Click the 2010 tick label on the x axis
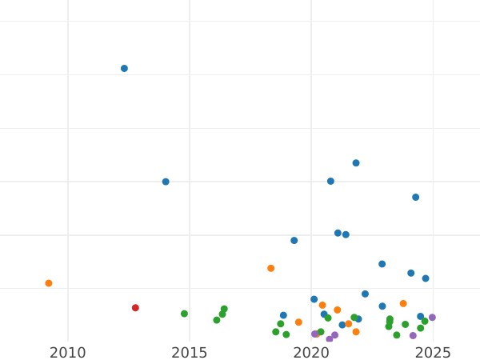point(68,353)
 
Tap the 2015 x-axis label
point(190,353)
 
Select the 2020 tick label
point(311,353)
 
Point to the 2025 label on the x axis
point(433,353)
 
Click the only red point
point(135,308)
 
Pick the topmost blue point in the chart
point(124,69)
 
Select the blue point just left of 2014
point(166,182)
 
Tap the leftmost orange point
point(49,283)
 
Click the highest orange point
point(270,268)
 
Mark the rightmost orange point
point(403,304)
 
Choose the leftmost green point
point(184,314)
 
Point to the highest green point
point(224,309)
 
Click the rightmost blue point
point(426,278)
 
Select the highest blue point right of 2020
point(356,163)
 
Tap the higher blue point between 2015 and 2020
point(294,241)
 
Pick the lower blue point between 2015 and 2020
point(283,315)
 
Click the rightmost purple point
point(432,318)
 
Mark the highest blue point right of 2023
point(415,197)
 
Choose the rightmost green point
point(425,322)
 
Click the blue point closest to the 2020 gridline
point(314,299)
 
